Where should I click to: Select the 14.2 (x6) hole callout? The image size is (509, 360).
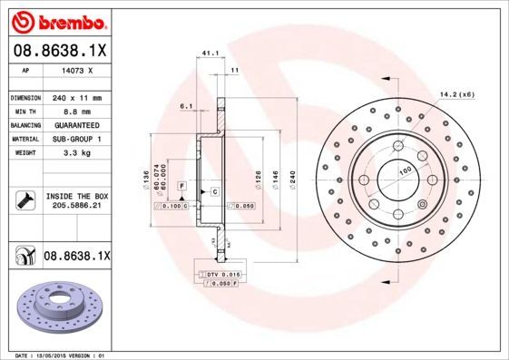click(x=457, y=94)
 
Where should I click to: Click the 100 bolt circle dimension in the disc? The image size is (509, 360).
click(x=402, y=170)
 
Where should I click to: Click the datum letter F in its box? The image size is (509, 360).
click(x=182, y=186)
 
